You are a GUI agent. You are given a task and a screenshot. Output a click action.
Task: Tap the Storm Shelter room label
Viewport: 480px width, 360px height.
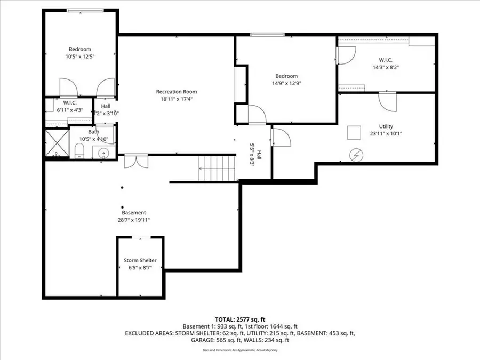140,260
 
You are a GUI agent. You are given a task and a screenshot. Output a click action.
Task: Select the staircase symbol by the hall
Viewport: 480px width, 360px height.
217,168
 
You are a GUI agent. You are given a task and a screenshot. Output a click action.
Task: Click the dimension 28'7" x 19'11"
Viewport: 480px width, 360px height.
134,219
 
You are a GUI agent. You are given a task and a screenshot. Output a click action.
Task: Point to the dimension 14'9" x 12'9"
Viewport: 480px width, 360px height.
286,83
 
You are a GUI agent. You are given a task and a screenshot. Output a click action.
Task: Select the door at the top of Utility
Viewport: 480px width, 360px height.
388,100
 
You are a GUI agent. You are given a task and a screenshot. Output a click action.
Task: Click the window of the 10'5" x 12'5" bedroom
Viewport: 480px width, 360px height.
82,10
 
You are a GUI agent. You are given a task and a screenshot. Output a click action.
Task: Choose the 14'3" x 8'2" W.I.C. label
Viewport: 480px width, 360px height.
386,60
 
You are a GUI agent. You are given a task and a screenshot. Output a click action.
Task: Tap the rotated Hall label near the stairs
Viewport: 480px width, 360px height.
259,155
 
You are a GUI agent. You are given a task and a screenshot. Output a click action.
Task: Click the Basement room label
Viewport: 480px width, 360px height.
133,212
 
